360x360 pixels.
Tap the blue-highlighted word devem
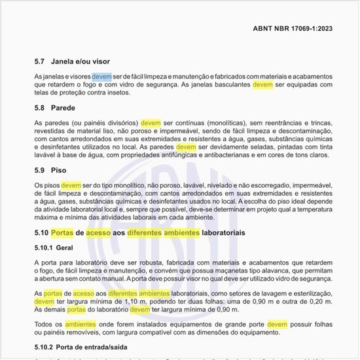pyautogui.click(x=102, y=77)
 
